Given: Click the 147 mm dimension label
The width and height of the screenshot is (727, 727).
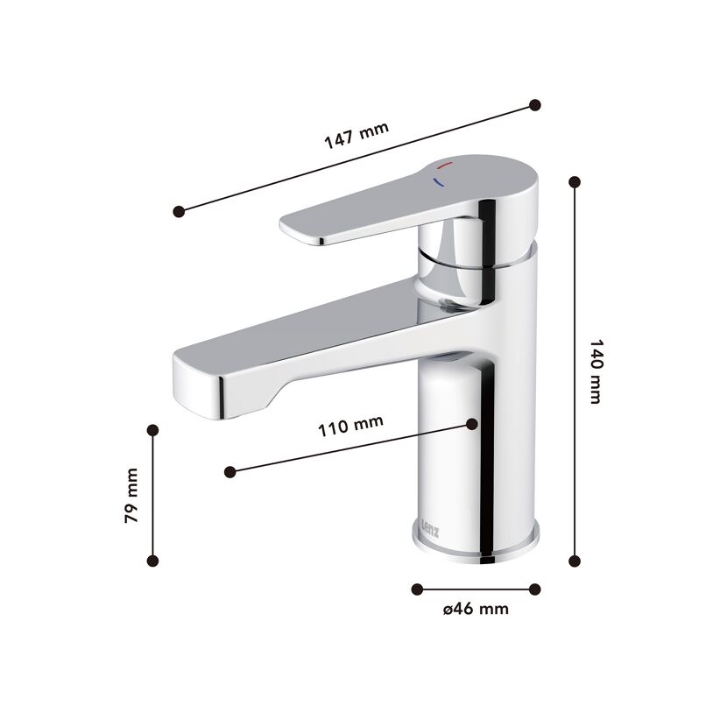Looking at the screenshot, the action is [x=356, y=135].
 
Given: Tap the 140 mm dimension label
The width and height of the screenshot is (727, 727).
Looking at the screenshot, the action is [x=596, y=371].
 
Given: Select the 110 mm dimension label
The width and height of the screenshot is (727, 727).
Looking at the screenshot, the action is [x=350, y=426].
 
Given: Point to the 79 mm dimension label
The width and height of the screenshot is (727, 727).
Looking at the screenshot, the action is [x=131, y=496].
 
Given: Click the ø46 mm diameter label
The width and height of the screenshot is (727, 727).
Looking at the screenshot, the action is [x=476, y=608].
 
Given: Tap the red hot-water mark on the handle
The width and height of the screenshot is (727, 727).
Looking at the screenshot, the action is [x=444, y=165].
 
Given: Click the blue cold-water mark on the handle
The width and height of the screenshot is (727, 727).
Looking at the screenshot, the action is [x=438, y=182].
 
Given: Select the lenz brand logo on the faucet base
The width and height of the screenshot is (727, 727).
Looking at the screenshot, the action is [x=430, y=527].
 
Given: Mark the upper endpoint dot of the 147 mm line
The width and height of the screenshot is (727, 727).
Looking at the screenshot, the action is [x=534, y=105].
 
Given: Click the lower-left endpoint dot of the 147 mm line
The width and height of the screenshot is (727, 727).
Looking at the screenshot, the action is [x=179, y=211].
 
